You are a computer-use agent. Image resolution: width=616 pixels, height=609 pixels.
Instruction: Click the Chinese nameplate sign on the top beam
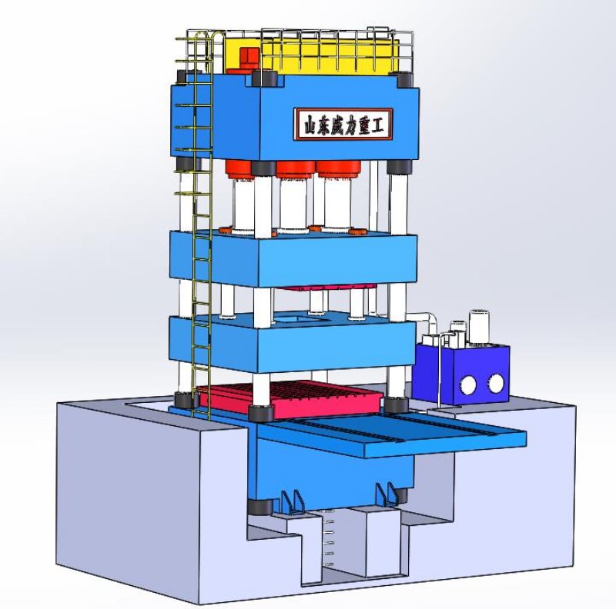click(x=343, y=125)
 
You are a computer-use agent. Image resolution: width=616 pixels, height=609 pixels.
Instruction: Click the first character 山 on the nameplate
click(x=310, y=125)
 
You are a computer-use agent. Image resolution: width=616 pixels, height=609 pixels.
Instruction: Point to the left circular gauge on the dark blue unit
click(x=468, y=385)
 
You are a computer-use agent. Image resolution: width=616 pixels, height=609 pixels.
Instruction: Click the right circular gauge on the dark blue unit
click(x=495, y=383)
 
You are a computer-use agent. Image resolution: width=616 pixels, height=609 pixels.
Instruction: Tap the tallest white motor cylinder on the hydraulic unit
click(x=479, y=328)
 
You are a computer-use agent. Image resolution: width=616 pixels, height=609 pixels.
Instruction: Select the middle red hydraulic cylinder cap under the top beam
click(x=296, y=170)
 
